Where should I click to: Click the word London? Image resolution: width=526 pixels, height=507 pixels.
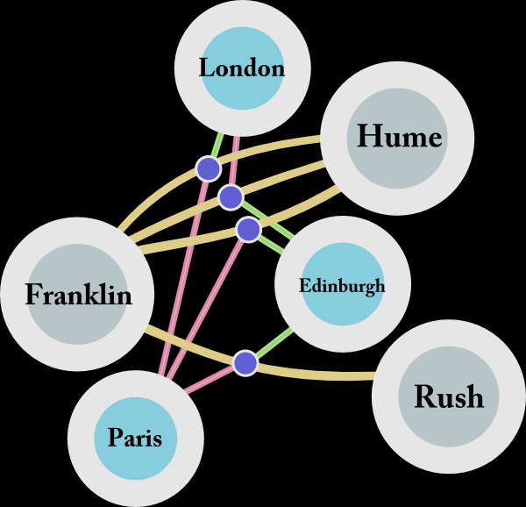tap(242, 68)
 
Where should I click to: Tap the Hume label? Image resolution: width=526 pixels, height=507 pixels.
tap(399, 136)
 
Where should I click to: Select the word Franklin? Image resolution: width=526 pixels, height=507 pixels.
tap(79, 294)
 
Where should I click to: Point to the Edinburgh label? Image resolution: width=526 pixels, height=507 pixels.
tap(342, 286)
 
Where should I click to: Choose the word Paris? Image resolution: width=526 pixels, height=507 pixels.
tap(135, 438)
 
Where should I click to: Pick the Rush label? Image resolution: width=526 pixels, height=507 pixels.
tap(449, 396)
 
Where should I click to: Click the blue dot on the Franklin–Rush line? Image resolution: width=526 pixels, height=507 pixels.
tap(245, 363)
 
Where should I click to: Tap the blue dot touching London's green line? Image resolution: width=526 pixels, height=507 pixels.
tap(209, 169)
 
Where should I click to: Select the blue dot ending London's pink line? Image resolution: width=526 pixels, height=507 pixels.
tap(231, 197)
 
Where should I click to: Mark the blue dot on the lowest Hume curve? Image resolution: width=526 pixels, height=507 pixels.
tap(249, 230)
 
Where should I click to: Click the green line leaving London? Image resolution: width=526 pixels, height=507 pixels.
tap(217, 145)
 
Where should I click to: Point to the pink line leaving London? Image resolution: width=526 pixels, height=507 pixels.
tap(234, 161)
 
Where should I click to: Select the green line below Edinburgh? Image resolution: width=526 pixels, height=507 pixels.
tap(274, 343)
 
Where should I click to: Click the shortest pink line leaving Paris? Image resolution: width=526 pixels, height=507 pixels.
tap(209, 380)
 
